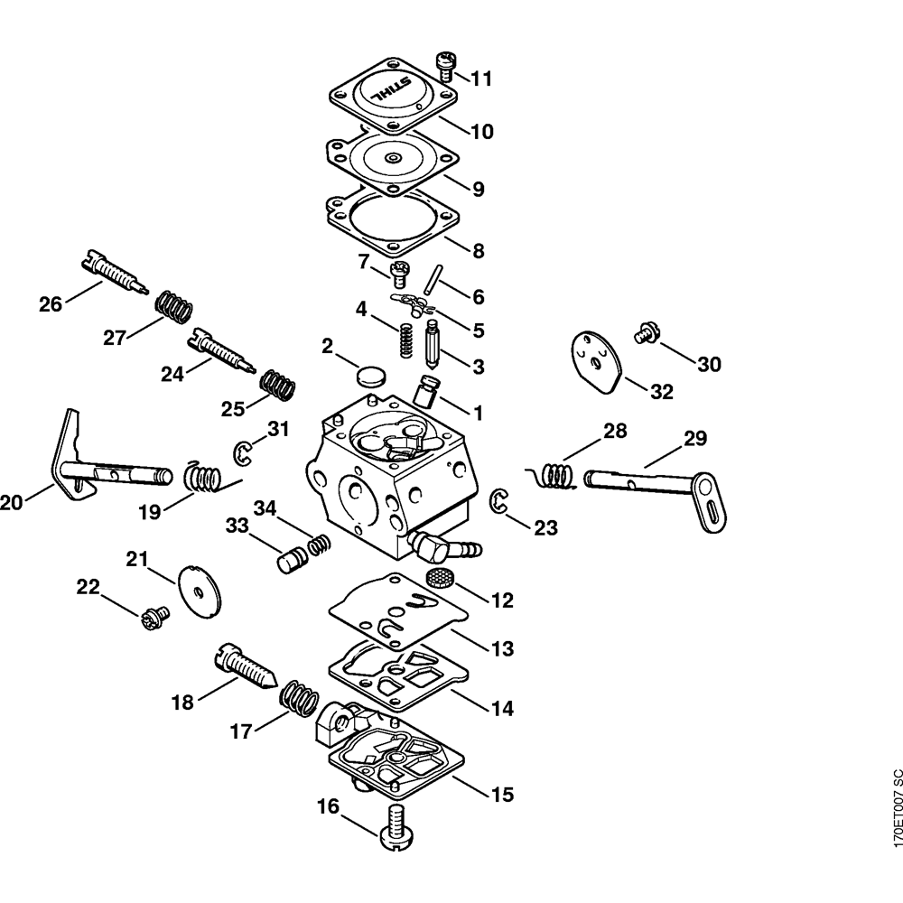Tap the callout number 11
coord(481,79)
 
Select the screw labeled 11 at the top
coord(445,65)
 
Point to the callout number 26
coord(51,304)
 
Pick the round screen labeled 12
coord(438,578)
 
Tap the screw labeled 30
coord(646,331)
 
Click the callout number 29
coord(694,440)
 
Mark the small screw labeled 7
coord(399,270)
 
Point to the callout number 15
coord(501,795)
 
